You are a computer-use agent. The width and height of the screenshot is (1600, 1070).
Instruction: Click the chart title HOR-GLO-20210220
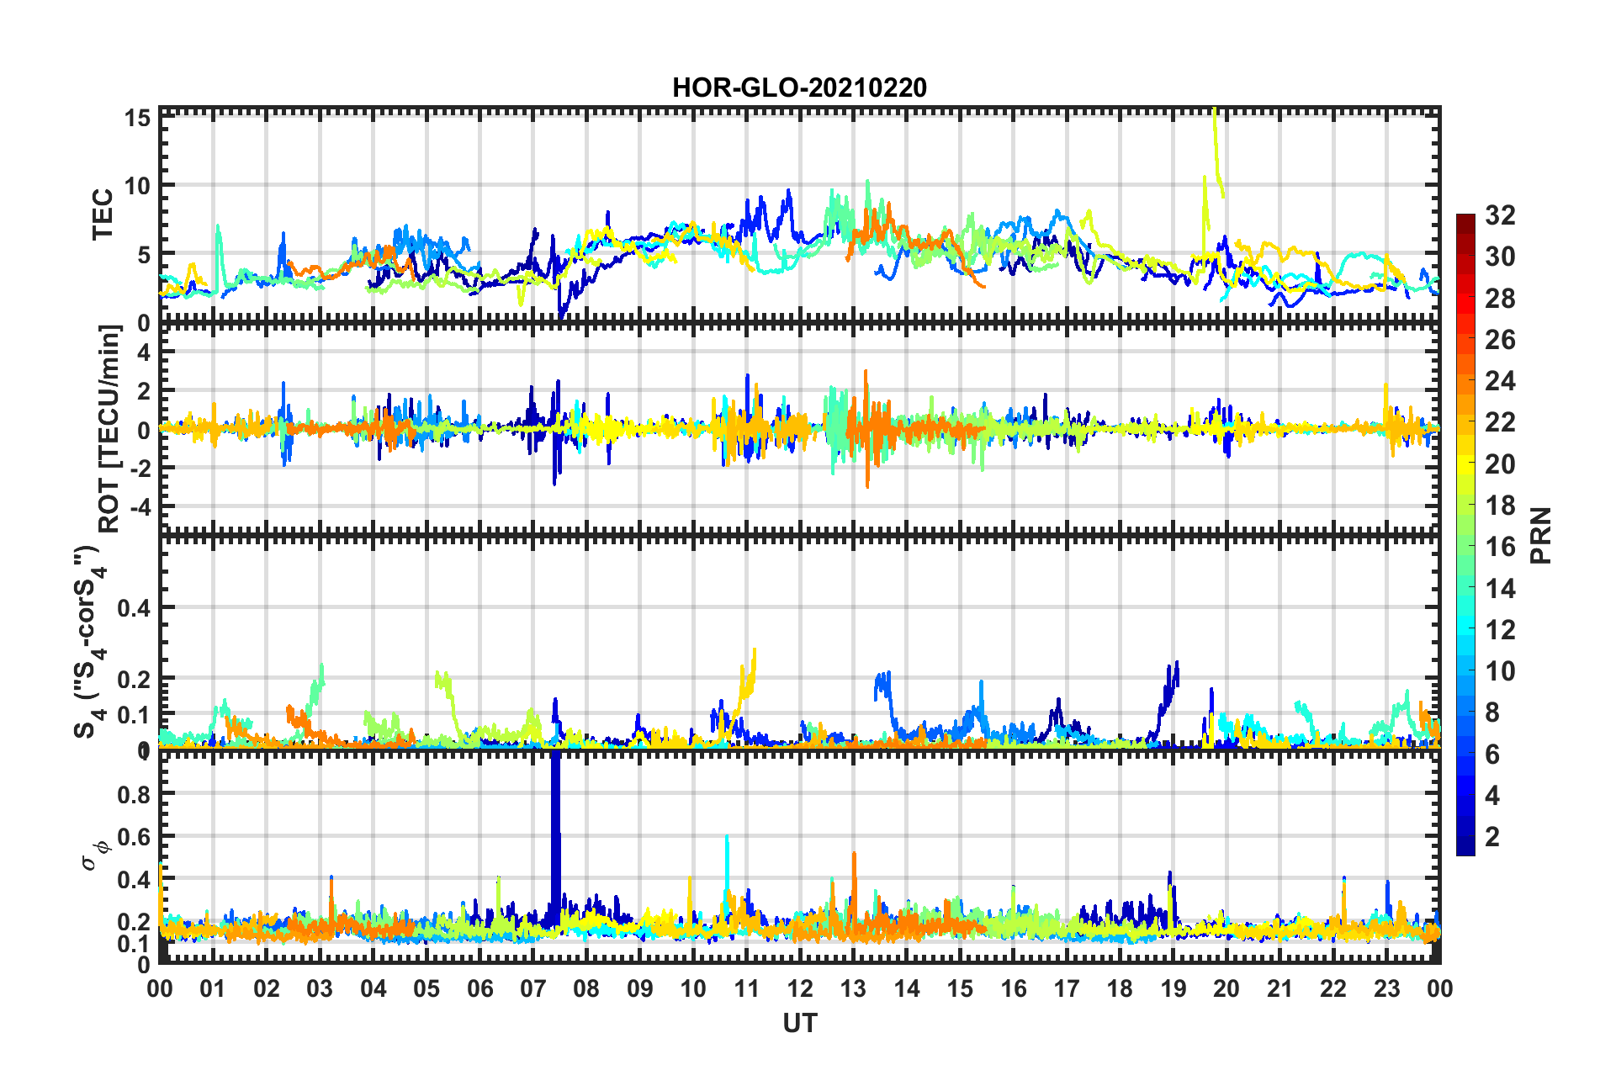point(799,87)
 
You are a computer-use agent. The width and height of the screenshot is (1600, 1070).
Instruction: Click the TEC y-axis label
point(103,215)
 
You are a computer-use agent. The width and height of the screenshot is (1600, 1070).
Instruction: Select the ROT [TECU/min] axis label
point(109,429)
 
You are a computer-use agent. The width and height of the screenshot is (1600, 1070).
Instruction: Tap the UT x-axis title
point(799,1023)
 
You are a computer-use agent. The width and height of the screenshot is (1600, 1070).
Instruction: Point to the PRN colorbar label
point(1541,535)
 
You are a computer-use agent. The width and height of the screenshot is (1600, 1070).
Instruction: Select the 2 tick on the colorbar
point(1492,836)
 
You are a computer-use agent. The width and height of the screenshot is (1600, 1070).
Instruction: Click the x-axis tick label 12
point(799,988)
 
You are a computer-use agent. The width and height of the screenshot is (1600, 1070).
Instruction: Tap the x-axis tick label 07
point(532,988)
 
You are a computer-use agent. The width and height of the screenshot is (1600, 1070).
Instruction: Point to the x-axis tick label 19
point(1173,988)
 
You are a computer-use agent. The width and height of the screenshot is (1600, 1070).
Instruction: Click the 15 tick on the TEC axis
point(139,118)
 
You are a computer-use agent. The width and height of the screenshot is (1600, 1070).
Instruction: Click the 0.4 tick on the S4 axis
point(134,607)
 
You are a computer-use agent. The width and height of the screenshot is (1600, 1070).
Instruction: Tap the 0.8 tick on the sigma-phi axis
point(134,793)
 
